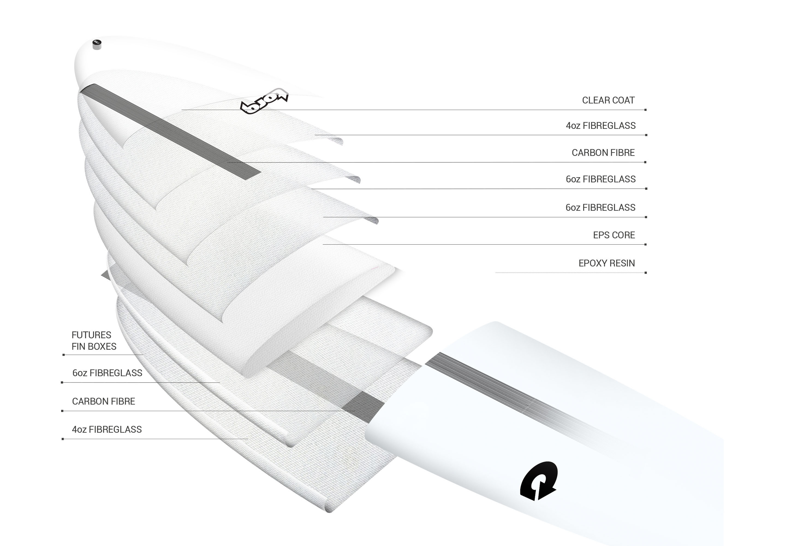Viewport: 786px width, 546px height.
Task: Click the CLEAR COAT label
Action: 608,100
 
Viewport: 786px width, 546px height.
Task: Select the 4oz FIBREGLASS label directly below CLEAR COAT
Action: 601,126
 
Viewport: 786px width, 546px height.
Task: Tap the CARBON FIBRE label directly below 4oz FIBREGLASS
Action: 603,153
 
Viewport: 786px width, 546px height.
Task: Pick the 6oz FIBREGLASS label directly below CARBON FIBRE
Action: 601,179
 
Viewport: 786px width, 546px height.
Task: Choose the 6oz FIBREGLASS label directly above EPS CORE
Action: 600,207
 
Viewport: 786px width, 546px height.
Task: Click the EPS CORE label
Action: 614,235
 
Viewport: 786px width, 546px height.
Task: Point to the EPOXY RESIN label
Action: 606,263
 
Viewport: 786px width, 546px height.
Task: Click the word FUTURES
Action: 91,335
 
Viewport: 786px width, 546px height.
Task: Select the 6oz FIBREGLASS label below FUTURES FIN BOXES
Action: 107,373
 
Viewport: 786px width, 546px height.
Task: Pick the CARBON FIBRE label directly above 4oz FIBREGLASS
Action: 103,401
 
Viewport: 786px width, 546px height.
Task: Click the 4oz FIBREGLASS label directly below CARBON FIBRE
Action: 107,429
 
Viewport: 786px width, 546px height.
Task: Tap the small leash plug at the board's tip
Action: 97,44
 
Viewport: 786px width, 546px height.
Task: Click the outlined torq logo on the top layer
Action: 264,101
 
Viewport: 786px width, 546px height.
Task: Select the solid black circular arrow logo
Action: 538,481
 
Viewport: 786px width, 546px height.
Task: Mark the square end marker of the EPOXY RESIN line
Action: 645,273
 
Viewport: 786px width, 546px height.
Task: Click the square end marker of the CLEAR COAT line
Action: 645,110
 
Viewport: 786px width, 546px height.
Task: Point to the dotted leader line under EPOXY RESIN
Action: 570,273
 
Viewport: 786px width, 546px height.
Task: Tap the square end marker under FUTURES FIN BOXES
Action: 64,355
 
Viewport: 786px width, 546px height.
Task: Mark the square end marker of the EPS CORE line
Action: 645,245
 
